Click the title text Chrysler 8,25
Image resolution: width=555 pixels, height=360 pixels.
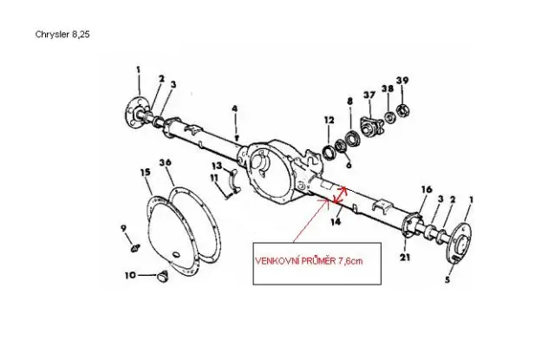(x=62, y=35)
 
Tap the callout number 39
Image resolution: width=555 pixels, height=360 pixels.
(x=402, y=81)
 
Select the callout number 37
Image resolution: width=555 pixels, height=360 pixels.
(x=369, y=95)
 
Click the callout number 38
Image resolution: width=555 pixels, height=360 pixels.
(x=388, y=88)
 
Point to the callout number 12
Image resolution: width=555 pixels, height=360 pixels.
(x=330, y=121)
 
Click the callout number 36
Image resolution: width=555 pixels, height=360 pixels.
(x=166, y=162)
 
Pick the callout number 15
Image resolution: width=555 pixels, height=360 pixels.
(x=145, y=173)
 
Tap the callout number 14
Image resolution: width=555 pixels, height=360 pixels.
(x=336, y=221)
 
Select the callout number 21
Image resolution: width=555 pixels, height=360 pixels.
(x=405, y=258)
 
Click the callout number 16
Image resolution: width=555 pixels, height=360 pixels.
(x=427, y=189)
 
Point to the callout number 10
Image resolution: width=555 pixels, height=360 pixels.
(x=130, y=275)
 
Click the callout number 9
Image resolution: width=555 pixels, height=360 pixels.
(x=123, y=228)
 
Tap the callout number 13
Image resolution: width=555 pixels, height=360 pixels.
(x=217, y=166)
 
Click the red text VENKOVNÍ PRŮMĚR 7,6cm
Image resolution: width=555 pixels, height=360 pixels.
(x=309, y=261)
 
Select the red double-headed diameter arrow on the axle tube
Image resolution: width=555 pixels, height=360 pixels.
(x=339, y=195)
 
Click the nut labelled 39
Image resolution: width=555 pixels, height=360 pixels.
(x=402, y=110)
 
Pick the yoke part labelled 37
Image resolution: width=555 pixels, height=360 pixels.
(x=371, y=126)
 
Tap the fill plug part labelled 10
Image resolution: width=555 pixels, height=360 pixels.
(x=163, y=276)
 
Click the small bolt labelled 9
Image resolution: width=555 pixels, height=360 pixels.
(x=135, y=248)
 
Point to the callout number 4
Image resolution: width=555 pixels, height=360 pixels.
(x=235, y=108)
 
